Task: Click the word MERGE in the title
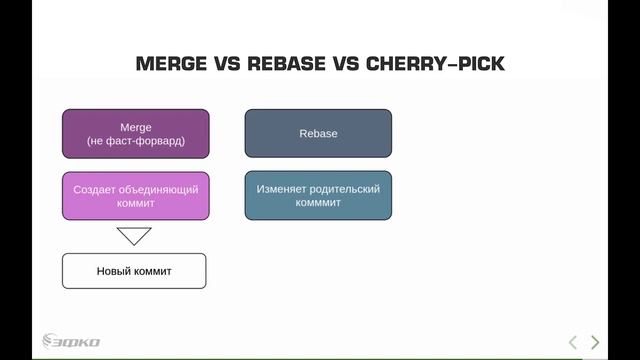(171, 65)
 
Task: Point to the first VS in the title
(227, 65)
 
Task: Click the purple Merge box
(135, 134)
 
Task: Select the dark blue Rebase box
(318, 134)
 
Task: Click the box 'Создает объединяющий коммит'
(135, 196)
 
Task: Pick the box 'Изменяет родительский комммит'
(318, 196)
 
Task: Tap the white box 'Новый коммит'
(134, 271)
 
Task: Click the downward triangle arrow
(134, 236)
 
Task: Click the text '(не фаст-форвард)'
(135, 141)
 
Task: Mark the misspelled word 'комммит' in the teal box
(318, 203)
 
